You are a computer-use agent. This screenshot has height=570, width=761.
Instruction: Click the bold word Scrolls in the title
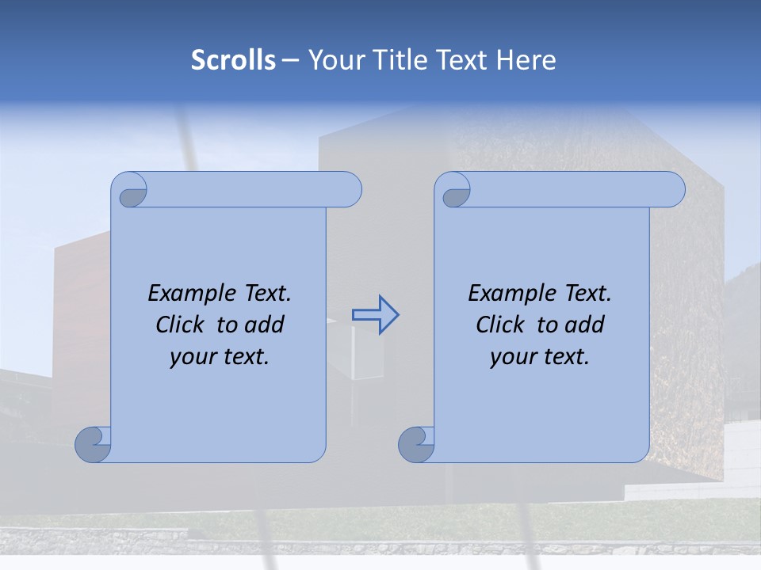click(x=233, y=60)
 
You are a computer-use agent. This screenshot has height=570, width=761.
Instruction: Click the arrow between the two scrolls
click(x=375, y=315)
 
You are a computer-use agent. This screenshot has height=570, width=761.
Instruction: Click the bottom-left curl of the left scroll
click(x=92, y=444)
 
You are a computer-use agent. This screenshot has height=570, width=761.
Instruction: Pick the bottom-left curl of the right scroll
click(x=415, y=444)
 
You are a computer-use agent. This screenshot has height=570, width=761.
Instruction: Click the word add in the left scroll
click(x=265, y=325)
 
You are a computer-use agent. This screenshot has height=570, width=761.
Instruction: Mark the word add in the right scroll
click(x=585, y=325)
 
